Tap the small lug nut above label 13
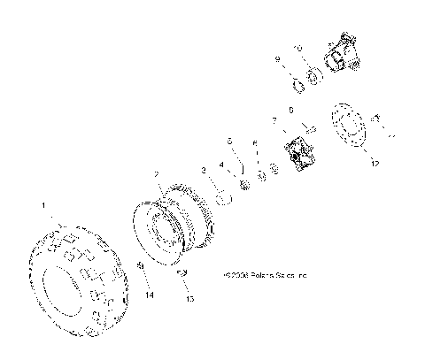[x=182, y=274]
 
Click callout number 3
[x=204, y=169]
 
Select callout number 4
[x=222, y=164]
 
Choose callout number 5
[x=228, y=141]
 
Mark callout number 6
[x=255, y=142]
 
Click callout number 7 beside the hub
[x=274, y=119]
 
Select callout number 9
[x=277, y=59]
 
